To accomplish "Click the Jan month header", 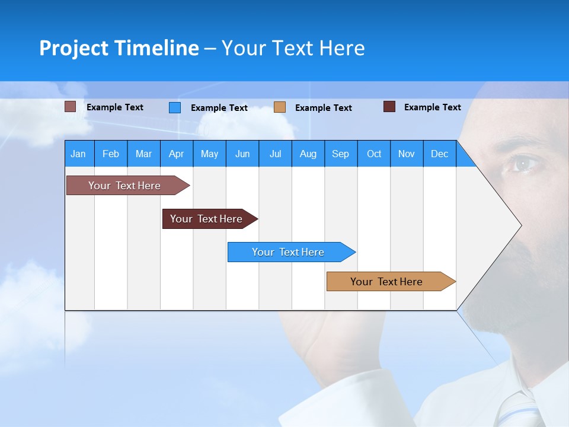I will point(78,154).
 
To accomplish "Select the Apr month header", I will point(177,154).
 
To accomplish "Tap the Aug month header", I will point(308,154).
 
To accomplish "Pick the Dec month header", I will point(440,154).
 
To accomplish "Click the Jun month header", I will point(242,154).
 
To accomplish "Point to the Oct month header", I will point(374,154).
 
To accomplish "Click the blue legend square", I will point(175,107).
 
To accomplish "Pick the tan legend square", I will point(280,107).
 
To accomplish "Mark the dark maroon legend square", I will point(389,107).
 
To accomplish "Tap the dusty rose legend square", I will point(70,107).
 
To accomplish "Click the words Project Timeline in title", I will point(119,48).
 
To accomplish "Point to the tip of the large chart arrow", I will point(520,225).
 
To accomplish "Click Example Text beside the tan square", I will point(324,108).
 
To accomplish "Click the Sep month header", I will point(341,154).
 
